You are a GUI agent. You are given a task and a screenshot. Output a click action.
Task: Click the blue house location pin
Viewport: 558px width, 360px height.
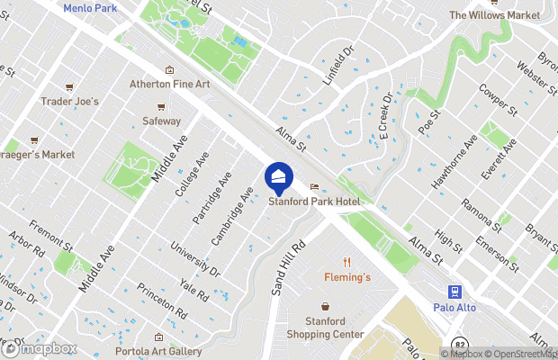(279, 176)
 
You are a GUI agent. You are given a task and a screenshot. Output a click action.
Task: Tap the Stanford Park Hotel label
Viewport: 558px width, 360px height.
(314, 202)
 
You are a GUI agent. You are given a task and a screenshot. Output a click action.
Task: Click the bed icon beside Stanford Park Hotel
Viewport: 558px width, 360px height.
(314, 187)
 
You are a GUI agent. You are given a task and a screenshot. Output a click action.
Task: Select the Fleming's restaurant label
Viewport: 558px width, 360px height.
(347, 277)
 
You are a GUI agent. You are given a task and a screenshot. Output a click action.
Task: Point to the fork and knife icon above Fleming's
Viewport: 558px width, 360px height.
(346, 261)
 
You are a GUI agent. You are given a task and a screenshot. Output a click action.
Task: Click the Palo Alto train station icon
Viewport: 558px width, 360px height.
(455, 291)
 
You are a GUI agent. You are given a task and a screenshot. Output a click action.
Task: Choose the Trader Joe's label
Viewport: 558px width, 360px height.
(69, 102)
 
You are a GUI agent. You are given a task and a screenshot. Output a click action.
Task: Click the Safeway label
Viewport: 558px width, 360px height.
(161, 121)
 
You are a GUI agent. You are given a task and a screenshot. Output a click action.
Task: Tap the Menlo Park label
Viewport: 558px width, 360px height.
(90, 7)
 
